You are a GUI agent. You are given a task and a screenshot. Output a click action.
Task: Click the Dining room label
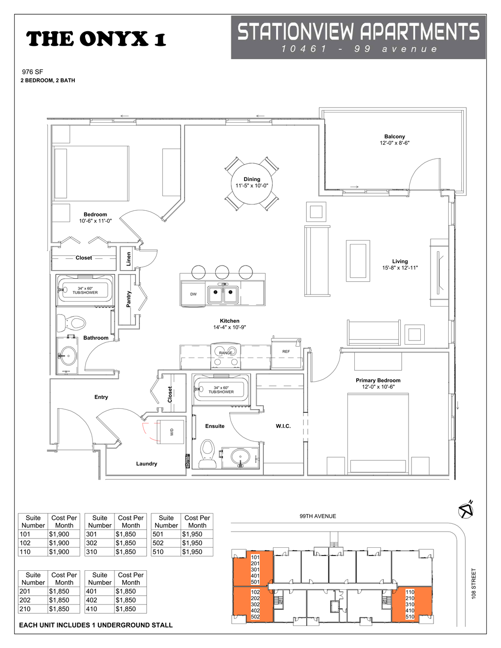pyautogui.click(x=252, y=179)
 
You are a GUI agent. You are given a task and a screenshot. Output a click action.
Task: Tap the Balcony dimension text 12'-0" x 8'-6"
pyautogui.click(x=394, y=143)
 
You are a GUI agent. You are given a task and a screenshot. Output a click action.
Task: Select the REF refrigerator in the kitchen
pyautogui.click(x=286, y=352)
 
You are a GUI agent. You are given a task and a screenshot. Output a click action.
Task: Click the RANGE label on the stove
pyautogui.click(x=226, y=353)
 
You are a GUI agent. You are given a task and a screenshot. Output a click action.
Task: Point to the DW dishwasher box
pyautogui.click(x=194, y=294)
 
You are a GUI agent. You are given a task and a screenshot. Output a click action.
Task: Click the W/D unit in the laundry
pyautogui.click(x=171, y=431)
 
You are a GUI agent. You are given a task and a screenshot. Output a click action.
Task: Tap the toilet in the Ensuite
pyautogui.click(x=208, y=452)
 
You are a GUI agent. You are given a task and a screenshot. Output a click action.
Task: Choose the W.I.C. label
pyautogui.click(x=283, y=426)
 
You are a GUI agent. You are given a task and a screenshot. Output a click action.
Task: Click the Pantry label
pyautogui.click(x=129, y=299)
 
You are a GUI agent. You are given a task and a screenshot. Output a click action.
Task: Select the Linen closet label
pyautogui.click(x=129, y=259)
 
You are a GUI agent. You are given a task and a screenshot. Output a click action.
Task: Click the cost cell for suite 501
pyautogui.click(x=192, y=534)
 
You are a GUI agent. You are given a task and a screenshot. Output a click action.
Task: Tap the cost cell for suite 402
pyautogui.click(x=126, y=600)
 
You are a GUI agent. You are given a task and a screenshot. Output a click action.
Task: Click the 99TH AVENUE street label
pyautogui.click(x=318, y=516)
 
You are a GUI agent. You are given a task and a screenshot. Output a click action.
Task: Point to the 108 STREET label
pyautogui.click(x=474, y=583)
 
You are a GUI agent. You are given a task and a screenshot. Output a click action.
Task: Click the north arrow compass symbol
pyautogui.click(x=466, y=510)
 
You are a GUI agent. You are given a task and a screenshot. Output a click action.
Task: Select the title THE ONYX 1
pyautogui.click(x=96, y=39)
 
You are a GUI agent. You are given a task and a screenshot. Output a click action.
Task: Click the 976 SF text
pyautogui.click(x=32, y=72)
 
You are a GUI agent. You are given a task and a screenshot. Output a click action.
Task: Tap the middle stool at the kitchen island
pyautogui.click(x=222, y=272)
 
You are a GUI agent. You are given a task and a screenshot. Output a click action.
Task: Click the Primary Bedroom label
pyautogui.click(x=378, y=380)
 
